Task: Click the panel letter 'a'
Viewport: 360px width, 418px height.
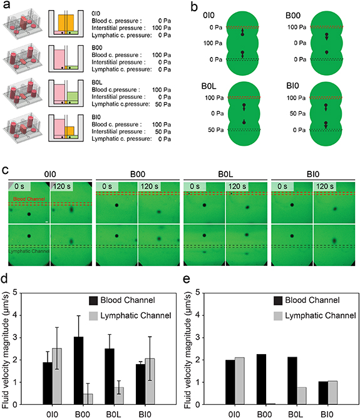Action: (x=5, y=6)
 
